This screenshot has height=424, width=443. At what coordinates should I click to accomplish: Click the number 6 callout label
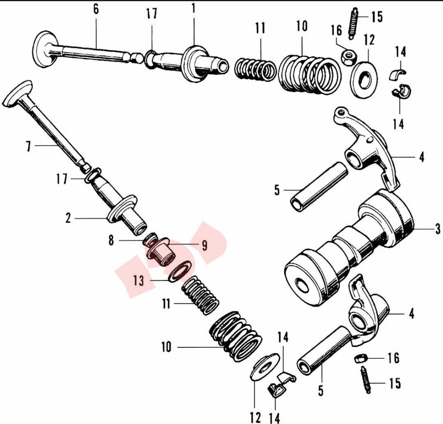click(x=96, y=9)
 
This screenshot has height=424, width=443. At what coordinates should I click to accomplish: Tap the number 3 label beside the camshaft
click(x=437, y=228)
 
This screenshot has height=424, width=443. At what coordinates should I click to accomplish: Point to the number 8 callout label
click(x=111, y=241)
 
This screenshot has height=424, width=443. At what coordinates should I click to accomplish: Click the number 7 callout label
click(x=28, y=146)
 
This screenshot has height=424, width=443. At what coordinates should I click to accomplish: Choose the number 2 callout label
click(x=68, y=218)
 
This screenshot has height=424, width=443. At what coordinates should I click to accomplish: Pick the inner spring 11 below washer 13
click(x=201, y=295)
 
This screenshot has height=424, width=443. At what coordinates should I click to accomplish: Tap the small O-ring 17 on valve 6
click(x=149, y=57)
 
